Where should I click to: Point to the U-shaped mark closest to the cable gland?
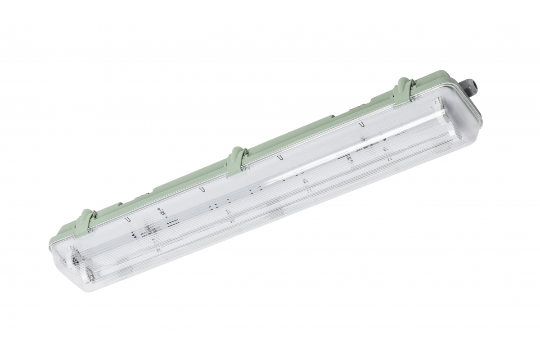tap(361, 124)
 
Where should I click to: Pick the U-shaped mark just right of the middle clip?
tap(279, 158)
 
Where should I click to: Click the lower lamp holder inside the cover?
tap(90, 273)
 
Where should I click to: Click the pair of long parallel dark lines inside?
tap(170, 223)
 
